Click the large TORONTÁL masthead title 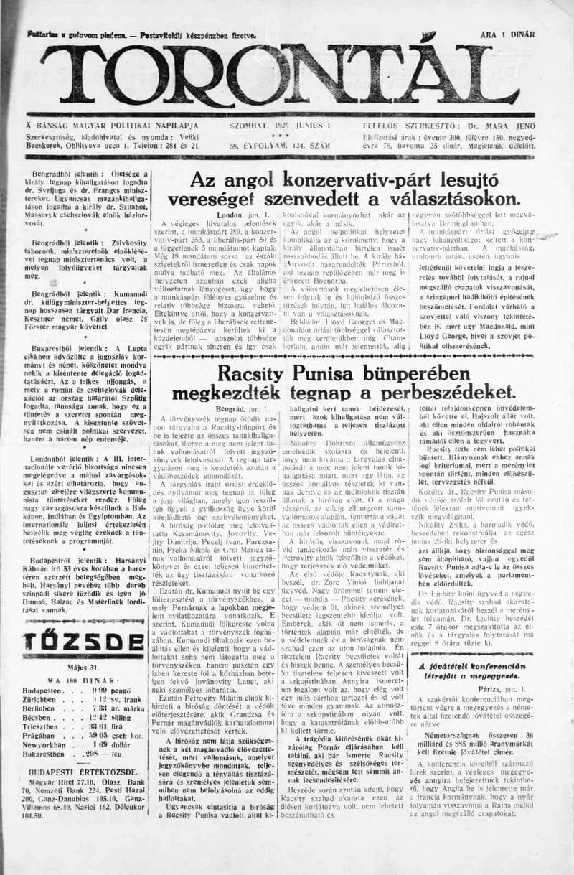coord(280,77)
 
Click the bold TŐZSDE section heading coord(73,641)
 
